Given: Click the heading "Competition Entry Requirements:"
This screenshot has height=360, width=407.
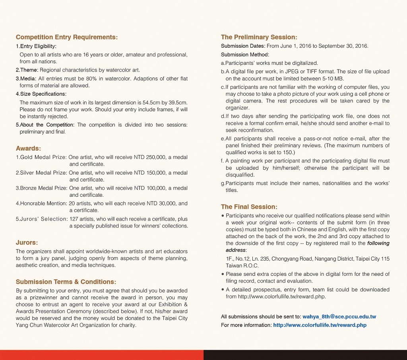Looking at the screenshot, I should pyautogui.click(x=67, y=37).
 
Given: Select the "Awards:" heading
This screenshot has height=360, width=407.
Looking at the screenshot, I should pyautogui.click(x=28, y=148).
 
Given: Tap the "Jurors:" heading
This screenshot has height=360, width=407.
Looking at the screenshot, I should pyautogui.click(x=27, y=242).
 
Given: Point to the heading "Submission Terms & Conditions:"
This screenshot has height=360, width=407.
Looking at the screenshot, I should pyautogui.click(x=66, y=282).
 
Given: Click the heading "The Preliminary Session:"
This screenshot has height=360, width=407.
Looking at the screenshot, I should pyautogui.click(x=259, y=37).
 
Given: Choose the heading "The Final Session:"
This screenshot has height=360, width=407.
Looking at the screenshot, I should pyautogui.click(x=249, y=207).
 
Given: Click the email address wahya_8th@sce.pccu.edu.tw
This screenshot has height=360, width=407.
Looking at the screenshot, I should pyautogui.click(x=339, y=317).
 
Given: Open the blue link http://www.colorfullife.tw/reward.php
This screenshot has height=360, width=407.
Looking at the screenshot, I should pyautogui.click(x=320, y=325).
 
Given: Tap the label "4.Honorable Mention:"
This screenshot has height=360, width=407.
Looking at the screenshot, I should pyautogui.click(x=41, y=203).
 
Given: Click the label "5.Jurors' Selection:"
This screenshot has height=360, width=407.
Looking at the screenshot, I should pyautogui.click(x=42, y=219).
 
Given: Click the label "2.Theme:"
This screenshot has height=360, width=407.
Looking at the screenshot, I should pyautogui.click(x=27, y=70).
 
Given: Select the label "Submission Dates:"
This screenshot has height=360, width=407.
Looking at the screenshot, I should pyautogui.click(x=243, y=46).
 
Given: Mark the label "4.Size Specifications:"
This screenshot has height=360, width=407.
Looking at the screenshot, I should pyautogui.click(x=41, y=94).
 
